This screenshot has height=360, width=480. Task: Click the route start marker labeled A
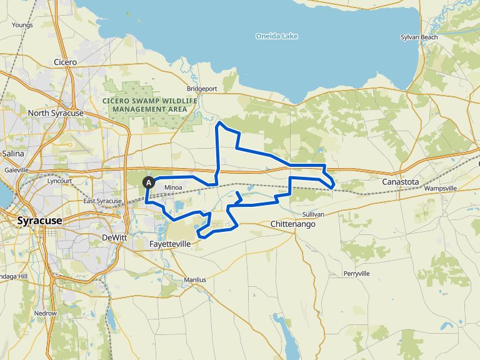pos(149,182)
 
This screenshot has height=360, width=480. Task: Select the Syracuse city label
pos(39,221)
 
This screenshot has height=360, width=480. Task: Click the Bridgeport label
pos(202,89)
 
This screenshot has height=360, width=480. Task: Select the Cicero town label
pos(65,62)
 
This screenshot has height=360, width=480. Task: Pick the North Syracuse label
pos(56,113)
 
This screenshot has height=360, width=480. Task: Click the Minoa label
pos(173,187)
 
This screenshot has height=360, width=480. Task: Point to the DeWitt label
pos(114,237)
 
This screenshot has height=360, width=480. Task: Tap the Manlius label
pos(195,280)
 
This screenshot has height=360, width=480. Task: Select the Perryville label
pos(357,274)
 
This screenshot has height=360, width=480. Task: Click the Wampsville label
pos(441,188)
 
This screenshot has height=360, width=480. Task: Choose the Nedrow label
pos(46,313)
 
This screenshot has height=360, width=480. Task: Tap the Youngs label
pos(22,25)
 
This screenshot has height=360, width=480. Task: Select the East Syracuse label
pos(102,201)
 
